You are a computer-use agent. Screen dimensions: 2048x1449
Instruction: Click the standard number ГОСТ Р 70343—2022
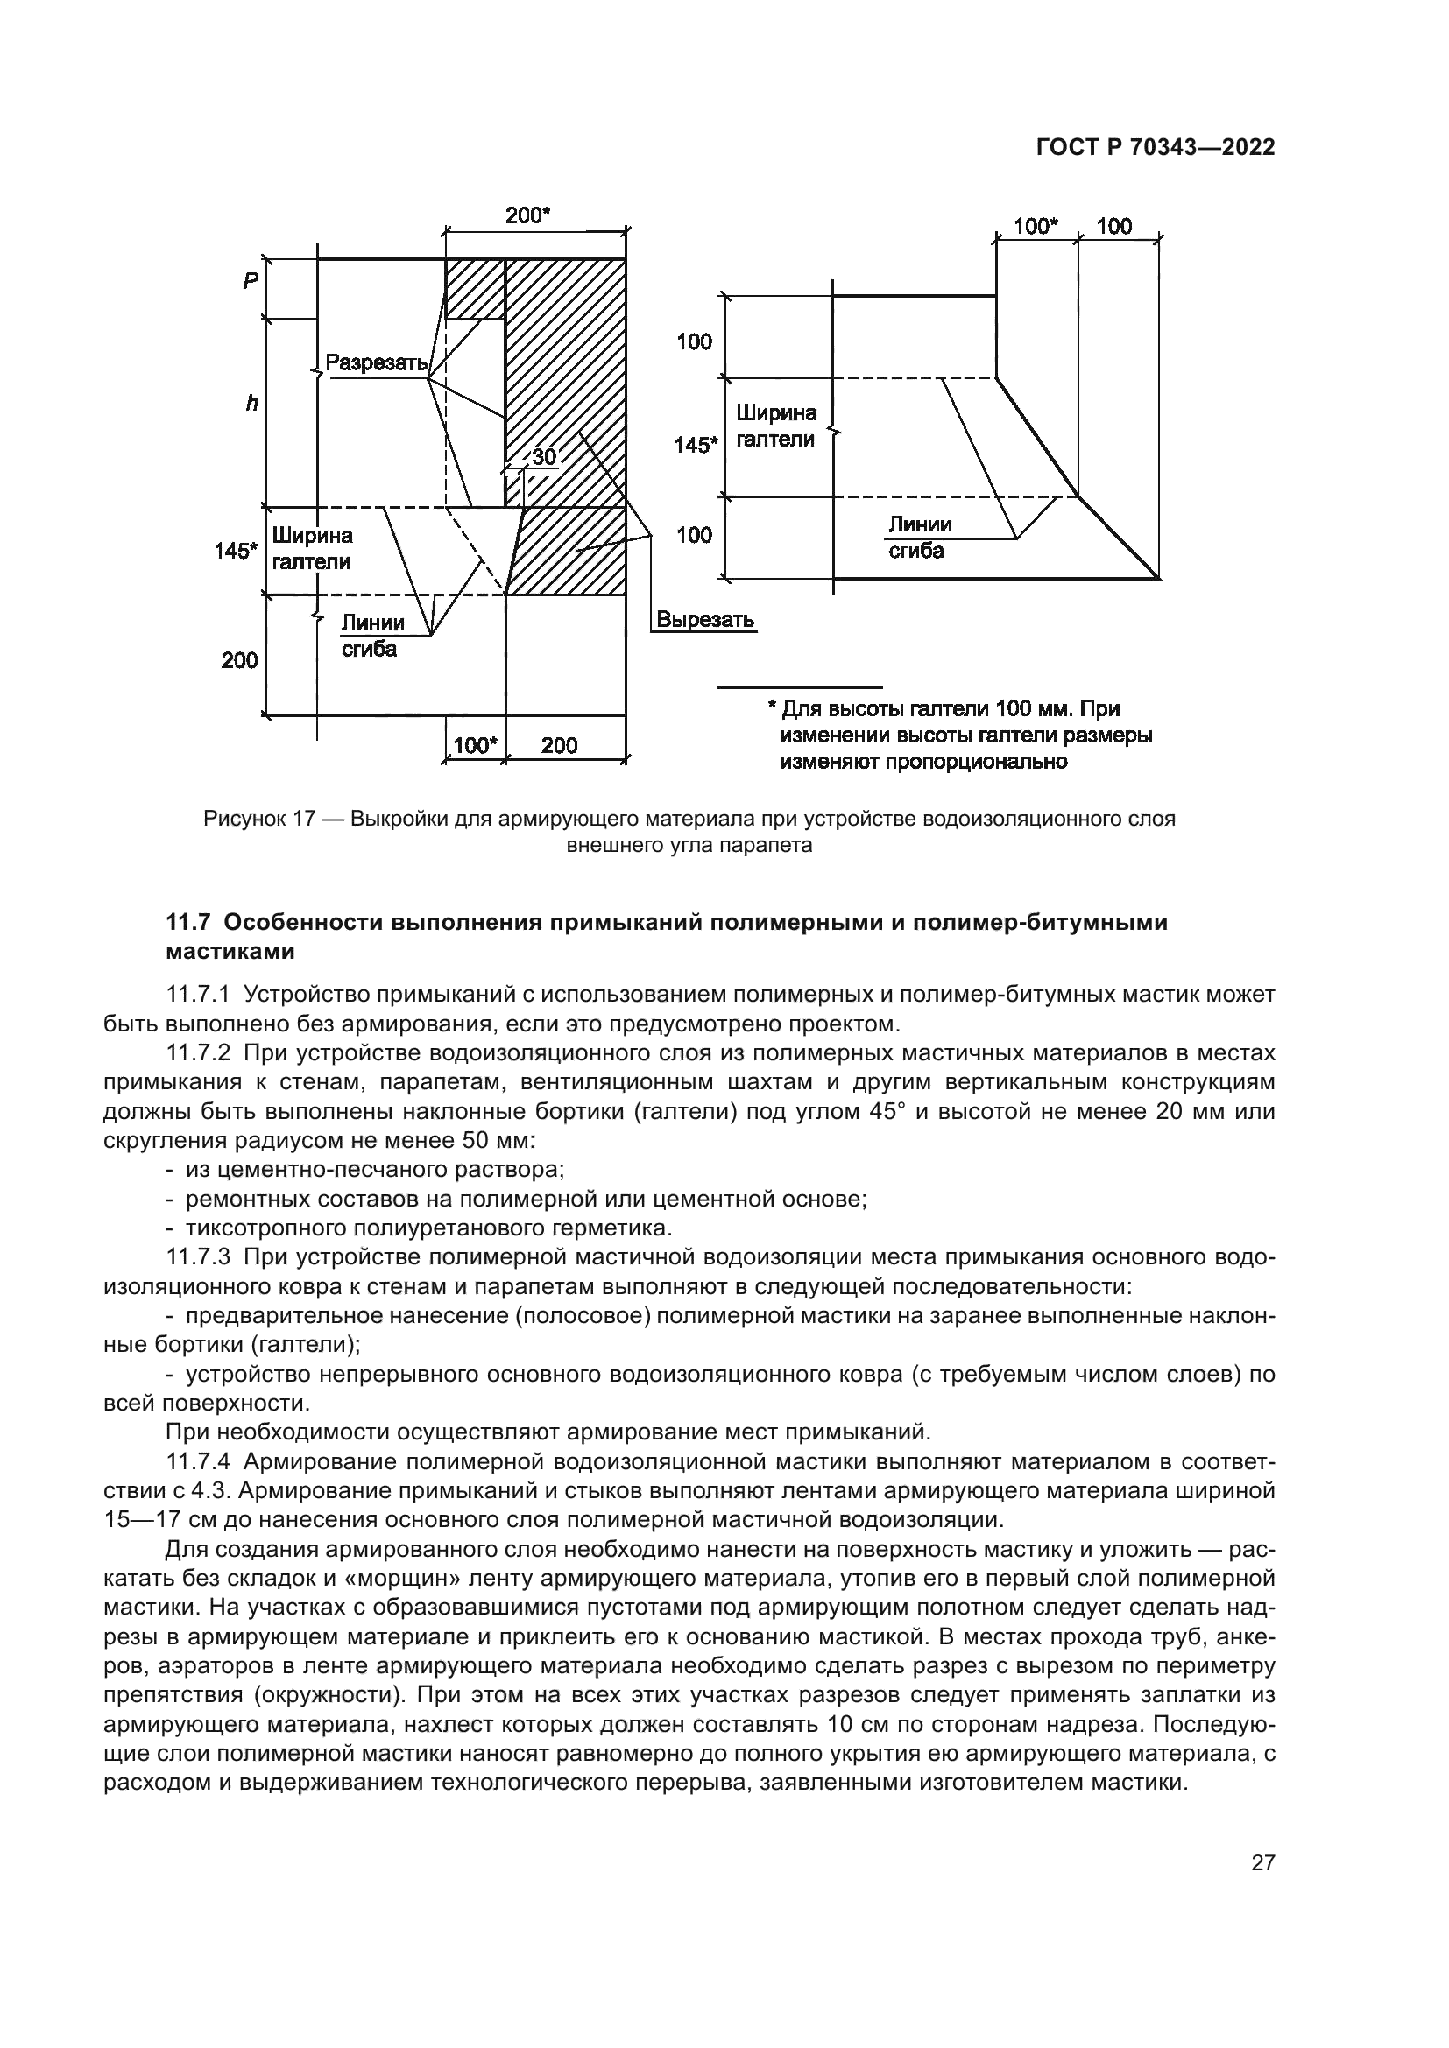coord(1155,148)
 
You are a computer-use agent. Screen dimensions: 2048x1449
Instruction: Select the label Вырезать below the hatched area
coord(705,619)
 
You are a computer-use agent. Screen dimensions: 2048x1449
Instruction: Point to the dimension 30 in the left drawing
coord(543,458)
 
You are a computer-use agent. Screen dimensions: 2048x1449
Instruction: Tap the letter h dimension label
coord(251,404)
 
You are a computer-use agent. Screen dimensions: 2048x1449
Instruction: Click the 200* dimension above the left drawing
coord(527,215)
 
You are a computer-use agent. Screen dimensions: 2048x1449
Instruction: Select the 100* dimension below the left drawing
coord(475,746)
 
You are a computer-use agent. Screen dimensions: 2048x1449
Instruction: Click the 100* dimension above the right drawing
coord(1035,227)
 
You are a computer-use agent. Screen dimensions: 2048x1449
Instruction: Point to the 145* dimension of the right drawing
coord(695,444)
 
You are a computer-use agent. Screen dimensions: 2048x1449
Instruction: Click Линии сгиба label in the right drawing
coord(919,538)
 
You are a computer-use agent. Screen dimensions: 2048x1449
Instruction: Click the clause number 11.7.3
coord(198,1257)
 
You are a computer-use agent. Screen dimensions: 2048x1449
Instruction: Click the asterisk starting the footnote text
coord(772,707)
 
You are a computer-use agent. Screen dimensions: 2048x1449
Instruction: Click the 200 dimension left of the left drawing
coord(239,660)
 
